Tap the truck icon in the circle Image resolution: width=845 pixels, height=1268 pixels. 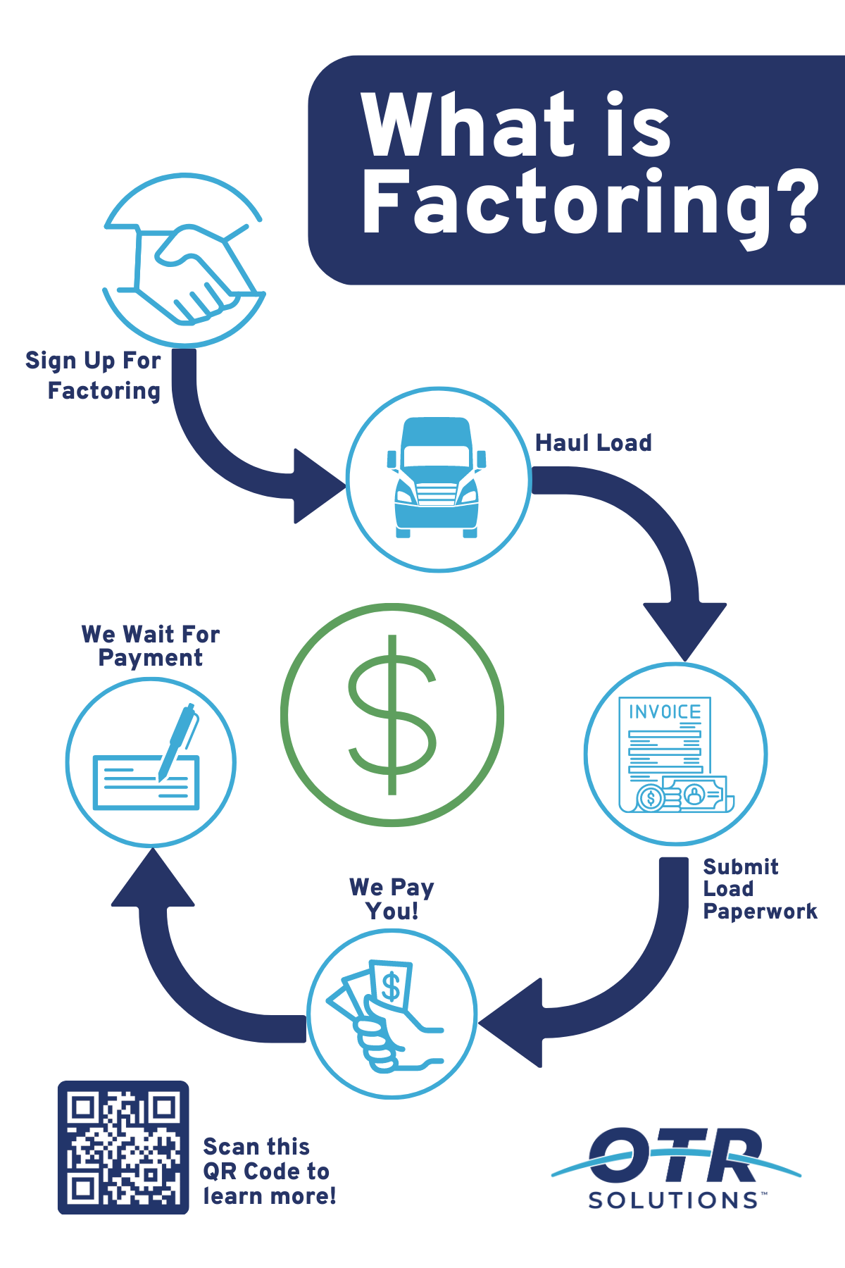pos(437,478)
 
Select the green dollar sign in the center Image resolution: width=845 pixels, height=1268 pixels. pos(392,714)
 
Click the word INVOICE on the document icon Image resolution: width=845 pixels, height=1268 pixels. pos(665,712)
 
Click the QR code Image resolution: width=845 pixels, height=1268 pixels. pos(123,1148)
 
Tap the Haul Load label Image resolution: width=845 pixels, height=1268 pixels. pos(594,443)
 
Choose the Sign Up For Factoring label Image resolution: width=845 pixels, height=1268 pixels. pos(94,375)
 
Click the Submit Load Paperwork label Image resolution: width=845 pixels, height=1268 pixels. pos(759,889)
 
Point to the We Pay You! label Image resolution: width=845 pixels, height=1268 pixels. pos(392,899)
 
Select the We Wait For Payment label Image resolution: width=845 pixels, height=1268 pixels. pos(151,646)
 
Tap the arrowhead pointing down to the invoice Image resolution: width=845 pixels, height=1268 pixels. pos(684,628)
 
